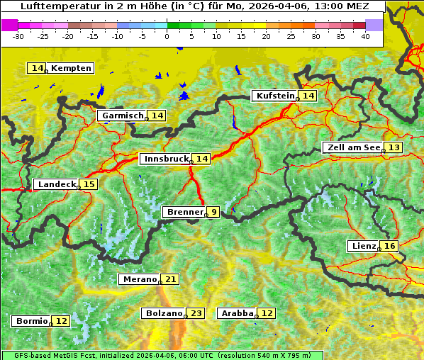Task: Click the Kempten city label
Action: [71, 68]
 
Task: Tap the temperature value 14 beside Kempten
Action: [37, 68]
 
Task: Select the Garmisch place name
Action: [122, 116]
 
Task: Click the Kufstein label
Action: [275, 96]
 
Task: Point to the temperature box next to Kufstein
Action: [308, 96]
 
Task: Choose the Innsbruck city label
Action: [167, 159]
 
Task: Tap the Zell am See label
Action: [352, 147]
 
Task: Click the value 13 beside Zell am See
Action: [394, 147]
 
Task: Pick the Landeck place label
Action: [57, 184]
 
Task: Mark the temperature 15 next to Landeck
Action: [89, 184]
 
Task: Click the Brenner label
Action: [184, 212]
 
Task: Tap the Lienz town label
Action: [364, 246]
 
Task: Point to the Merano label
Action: [139, 279]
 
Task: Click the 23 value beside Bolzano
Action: [196, 313]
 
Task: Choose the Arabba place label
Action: [238, 313]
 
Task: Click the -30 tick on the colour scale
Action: [18, 36]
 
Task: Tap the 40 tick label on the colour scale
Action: [365, 36]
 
